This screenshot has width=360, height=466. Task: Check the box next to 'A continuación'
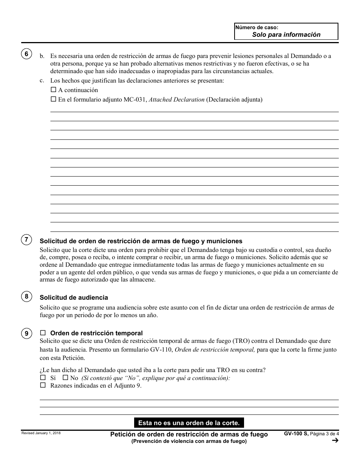pyautogui.click(x=53, y=90)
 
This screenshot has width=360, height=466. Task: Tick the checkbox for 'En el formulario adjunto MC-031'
pyautogui.click(x=53, y=100)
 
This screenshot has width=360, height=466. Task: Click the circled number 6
pyautogui.click(x=26, y=54)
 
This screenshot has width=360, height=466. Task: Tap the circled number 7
pyautogui.click(x=26, y=239)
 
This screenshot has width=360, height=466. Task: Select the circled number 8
pyautogui.click(x=26, y=296)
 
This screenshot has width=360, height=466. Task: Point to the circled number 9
pyautogui.click(x=26, y=333)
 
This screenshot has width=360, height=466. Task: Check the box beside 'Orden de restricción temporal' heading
pyautogui.click(x=43, y=333)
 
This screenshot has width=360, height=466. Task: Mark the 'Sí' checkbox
pyautogui.click(x=42, y=378)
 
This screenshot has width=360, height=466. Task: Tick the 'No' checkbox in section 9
pyautogui.click(x=65, y=378)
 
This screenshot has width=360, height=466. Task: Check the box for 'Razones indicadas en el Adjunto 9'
pyautogui.click(x=42, y=385)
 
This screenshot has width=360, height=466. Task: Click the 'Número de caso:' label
pyautogui.click(x=257, y=27)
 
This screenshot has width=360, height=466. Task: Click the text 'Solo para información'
pyautogui.click(x=286, y=34)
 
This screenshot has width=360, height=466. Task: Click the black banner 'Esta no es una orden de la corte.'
pyautogui.click(x=189, y=422)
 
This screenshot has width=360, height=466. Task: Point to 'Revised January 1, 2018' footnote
pyautogui.click(x=41, y=433)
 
